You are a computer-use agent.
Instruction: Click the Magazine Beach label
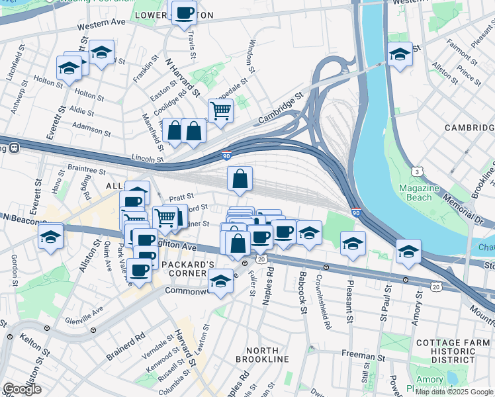[419, 193]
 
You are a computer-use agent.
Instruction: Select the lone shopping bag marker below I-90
[240, 178]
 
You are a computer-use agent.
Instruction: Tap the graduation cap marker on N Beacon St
[50, 236]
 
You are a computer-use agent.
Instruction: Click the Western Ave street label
[101, 24]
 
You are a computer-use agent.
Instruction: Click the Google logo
[22, 389]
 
